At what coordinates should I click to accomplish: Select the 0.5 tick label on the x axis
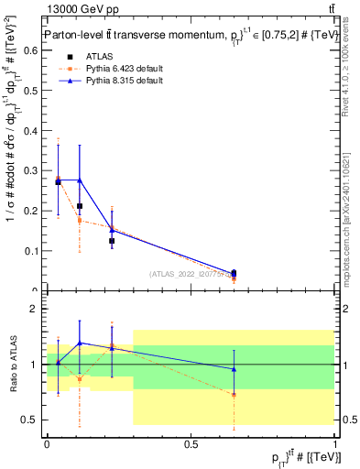click(x=191, y=443)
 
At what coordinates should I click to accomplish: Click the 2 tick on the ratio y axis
click(x=38, y=309)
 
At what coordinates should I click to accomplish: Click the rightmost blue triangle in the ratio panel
click(x=235, y=369)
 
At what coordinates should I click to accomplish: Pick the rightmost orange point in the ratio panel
click(x=235, y=395)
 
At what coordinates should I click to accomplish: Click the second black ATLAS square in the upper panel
click(x=80, y=206)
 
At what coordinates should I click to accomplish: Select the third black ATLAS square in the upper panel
click(x=112, y=241)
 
